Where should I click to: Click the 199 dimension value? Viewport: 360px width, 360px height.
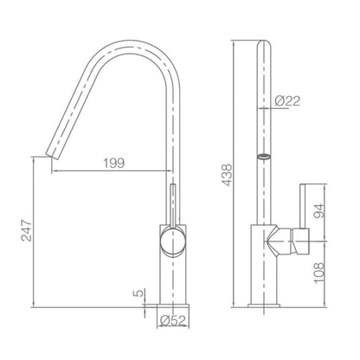click(x=114, y=164)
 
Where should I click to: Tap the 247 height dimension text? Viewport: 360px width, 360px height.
click(x=26, y=230)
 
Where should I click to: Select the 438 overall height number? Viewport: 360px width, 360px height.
click(x=228, y=175)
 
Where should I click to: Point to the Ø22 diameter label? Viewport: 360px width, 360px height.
click(x=287, y=100)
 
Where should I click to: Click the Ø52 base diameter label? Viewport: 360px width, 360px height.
click(x=173, y=320)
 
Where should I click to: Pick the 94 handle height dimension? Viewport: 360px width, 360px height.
click(x=319, y=210)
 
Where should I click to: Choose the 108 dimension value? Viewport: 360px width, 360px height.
click(x=319, y=273)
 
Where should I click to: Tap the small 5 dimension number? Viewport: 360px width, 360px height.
click(x=138, y=293)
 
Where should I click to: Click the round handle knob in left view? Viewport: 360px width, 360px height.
click(x=172, y=241)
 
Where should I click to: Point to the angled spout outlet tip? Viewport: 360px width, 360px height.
click(x=53, y=155)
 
